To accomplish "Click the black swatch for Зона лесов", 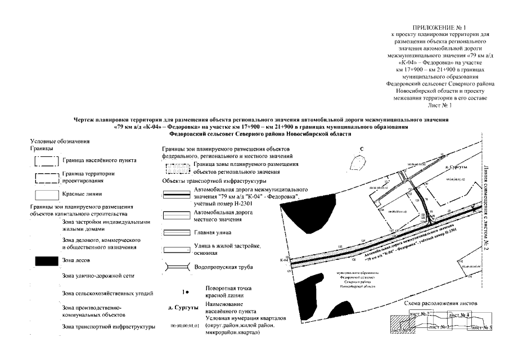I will [x=47, y=260].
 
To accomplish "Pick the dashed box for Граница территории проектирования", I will [x=47, y=178].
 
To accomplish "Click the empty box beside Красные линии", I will [x=47, y=194].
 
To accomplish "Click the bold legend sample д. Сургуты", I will [x=183, y=309].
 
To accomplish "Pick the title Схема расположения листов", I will [x=442, y=303].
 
